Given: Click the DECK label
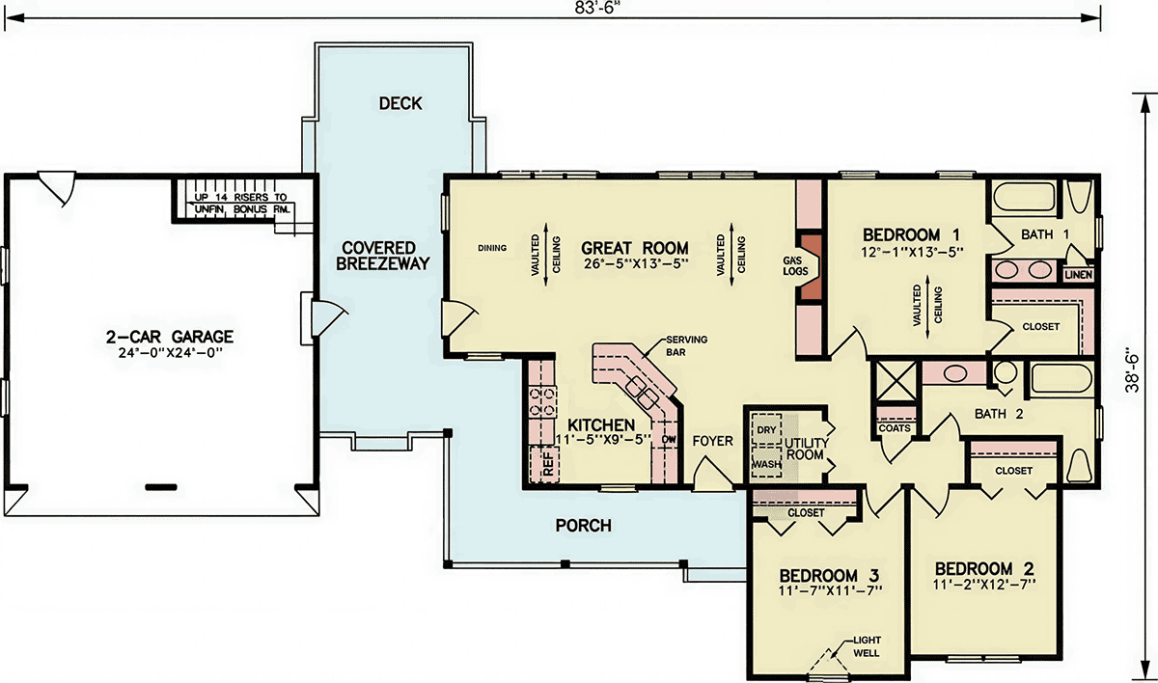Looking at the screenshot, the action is tap(400, 103).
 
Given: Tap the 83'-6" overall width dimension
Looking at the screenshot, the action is tap(596, 9).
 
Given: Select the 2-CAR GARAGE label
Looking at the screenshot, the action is tap(170, 337).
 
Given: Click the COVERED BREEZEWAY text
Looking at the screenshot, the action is tap(383, 256).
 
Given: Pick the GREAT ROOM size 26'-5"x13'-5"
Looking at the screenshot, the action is tap(636, 264).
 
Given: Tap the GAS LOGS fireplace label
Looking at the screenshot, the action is tap(794, 266).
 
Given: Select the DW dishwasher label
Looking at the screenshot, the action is tap(669, 439).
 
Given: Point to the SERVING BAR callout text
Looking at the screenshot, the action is tap(686, 345).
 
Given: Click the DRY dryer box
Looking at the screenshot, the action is tap(766, 429).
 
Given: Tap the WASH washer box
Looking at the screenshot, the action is tap(766, 463).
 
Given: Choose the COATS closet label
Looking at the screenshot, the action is tap(895, 428).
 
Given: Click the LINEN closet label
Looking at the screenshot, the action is tap(1079, 275).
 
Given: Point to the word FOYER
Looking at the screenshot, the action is tap(713, 441).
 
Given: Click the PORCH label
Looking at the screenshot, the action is tap(583, 526).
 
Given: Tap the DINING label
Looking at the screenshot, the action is tap(492, 248).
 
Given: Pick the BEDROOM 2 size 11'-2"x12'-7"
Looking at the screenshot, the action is tap(984, 585).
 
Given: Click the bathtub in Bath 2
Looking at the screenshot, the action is tap(1061, 379).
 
